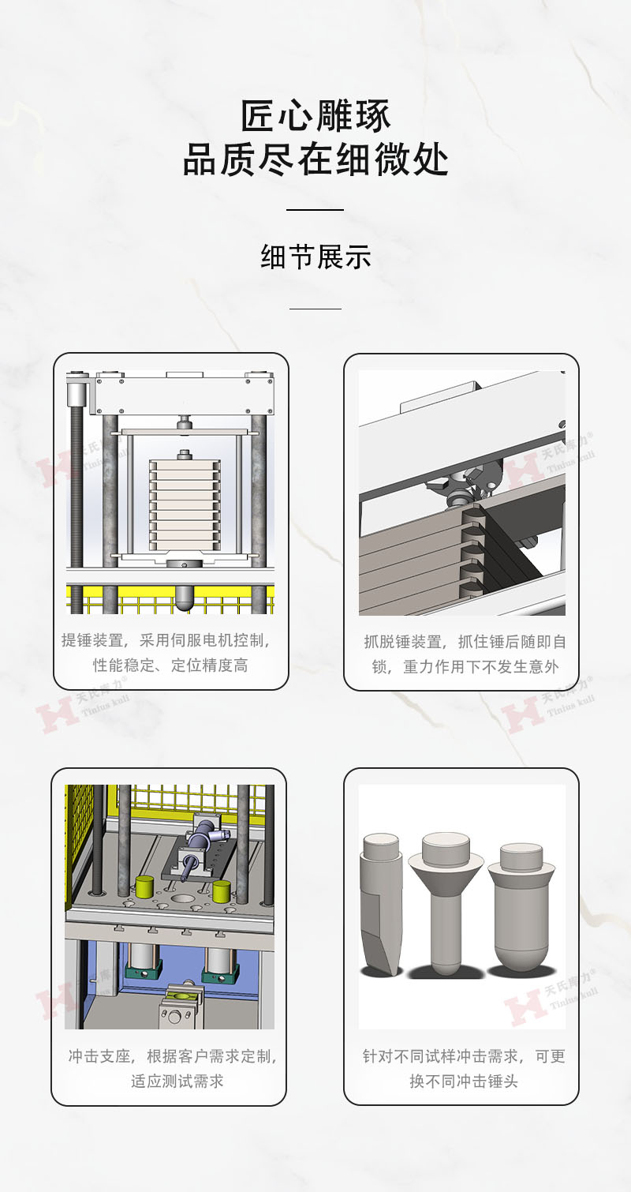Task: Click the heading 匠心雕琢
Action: pyautogui.click(x=315, y=116)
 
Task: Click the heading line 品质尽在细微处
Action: pyautogui.click(x=315, y=160)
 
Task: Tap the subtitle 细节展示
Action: pyautogui.click(x=315, y=257)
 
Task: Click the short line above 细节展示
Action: pyautogui.click(x=315, y=210)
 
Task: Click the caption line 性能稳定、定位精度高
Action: pyautogui.click(x=170, y=665)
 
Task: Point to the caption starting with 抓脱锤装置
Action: pyautogui.click(x=465, y=642)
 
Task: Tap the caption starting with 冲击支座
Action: pyautogui.click(x=173, y=1056)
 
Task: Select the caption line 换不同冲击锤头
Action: pyautogui.click(x=464, y=1081)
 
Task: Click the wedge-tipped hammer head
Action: pyautogui.click(x=381, y=904)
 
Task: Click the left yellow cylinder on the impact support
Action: pyautogui.click(x=144, y=887)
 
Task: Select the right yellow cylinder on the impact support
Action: pyautogui.click(x=222, y=890)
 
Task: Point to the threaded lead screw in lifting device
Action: pyautogui.click(x=77, y=505)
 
